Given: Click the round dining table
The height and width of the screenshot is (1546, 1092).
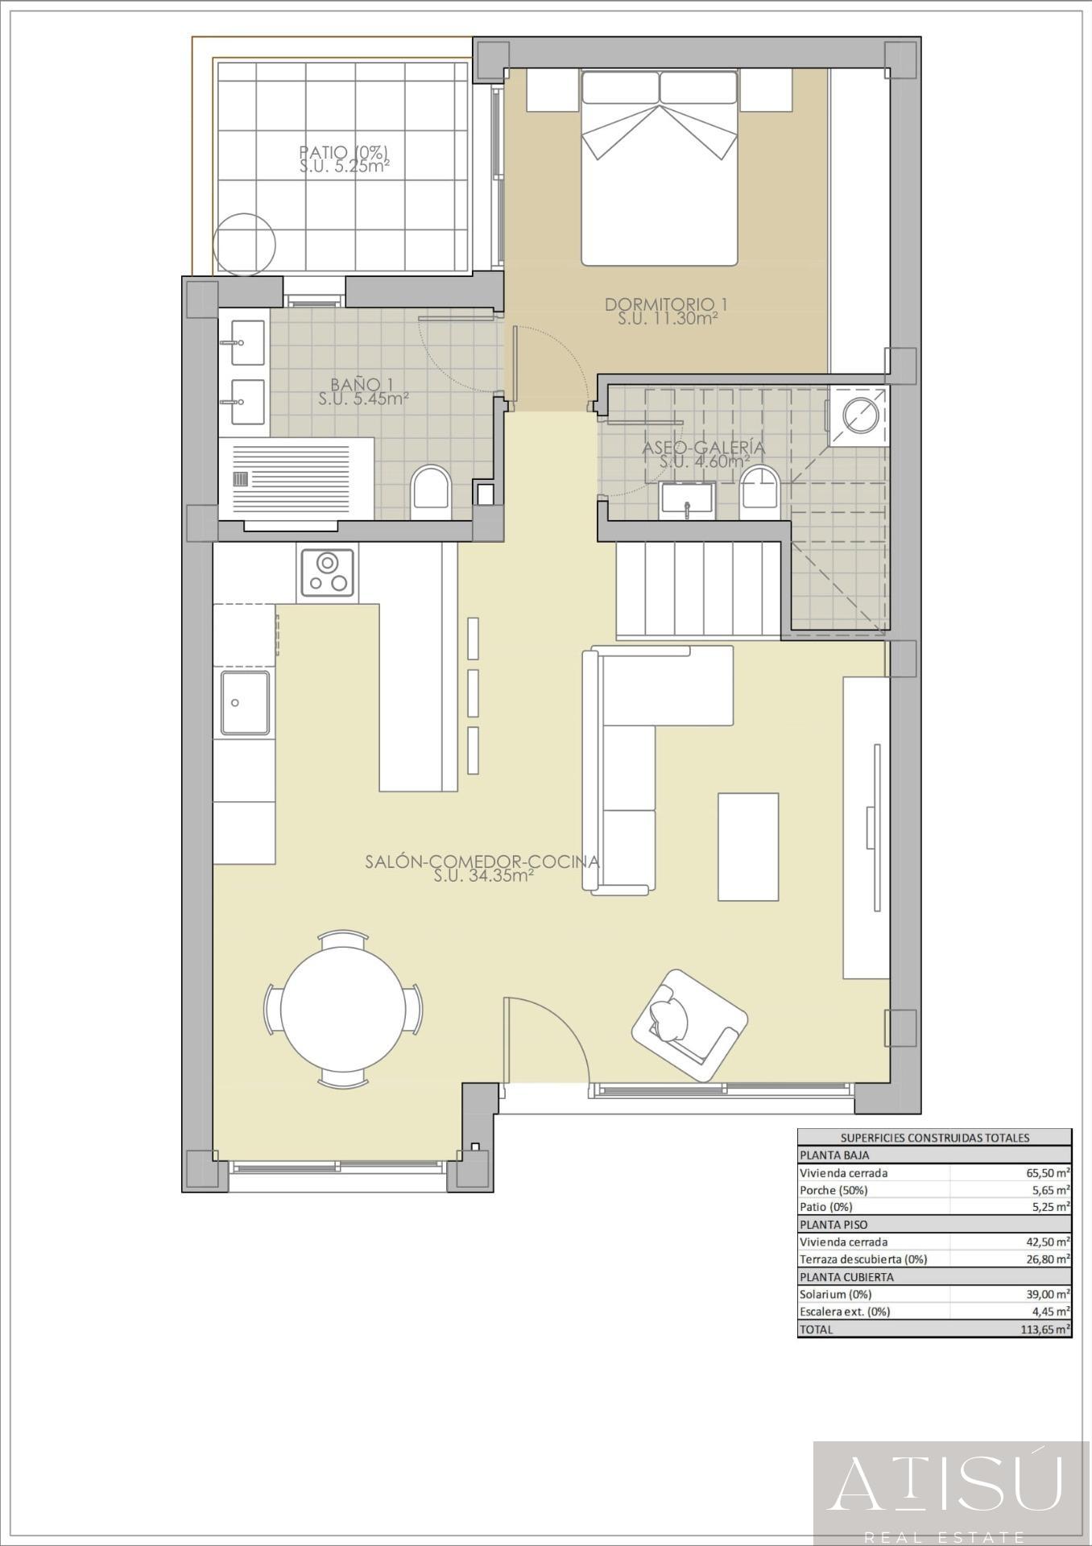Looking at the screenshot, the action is coord(344,1009).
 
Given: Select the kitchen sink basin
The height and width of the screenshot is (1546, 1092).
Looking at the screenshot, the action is coord(245,703).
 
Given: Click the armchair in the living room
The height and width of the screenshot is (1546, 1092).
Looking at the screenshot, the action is coord(689,1025).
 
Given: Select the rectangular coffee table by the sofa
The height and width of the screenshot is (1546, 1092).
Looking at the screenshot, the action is coord(748,846).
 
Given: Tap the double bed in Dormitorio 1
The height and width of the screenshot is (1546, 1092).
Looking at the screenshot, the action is coord(660,167).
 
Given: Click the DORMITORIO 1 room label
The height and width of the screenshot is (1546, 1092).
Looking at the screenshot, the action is coord(667,304).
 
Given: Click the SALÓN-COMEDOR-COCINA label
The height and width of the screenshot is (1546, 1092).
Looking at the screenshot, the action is coord(482,861).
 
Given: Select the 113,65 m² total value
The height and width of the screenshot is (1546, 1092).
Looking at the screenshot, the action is coord(1045,1329).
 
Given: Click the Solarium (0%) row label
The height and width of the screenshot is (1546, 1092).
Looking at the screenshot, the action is coord(836,1295).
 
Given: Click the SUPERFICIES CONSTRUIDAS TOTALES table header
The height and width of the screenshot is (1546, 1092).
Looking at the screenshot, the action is coord(935,1138).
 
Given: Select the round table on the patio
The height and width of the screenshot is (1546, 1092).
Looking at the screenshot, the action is coord(245,244).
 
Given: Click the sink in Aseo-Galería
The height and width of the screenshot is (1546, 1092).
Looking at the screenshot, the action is coord(687,499).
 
